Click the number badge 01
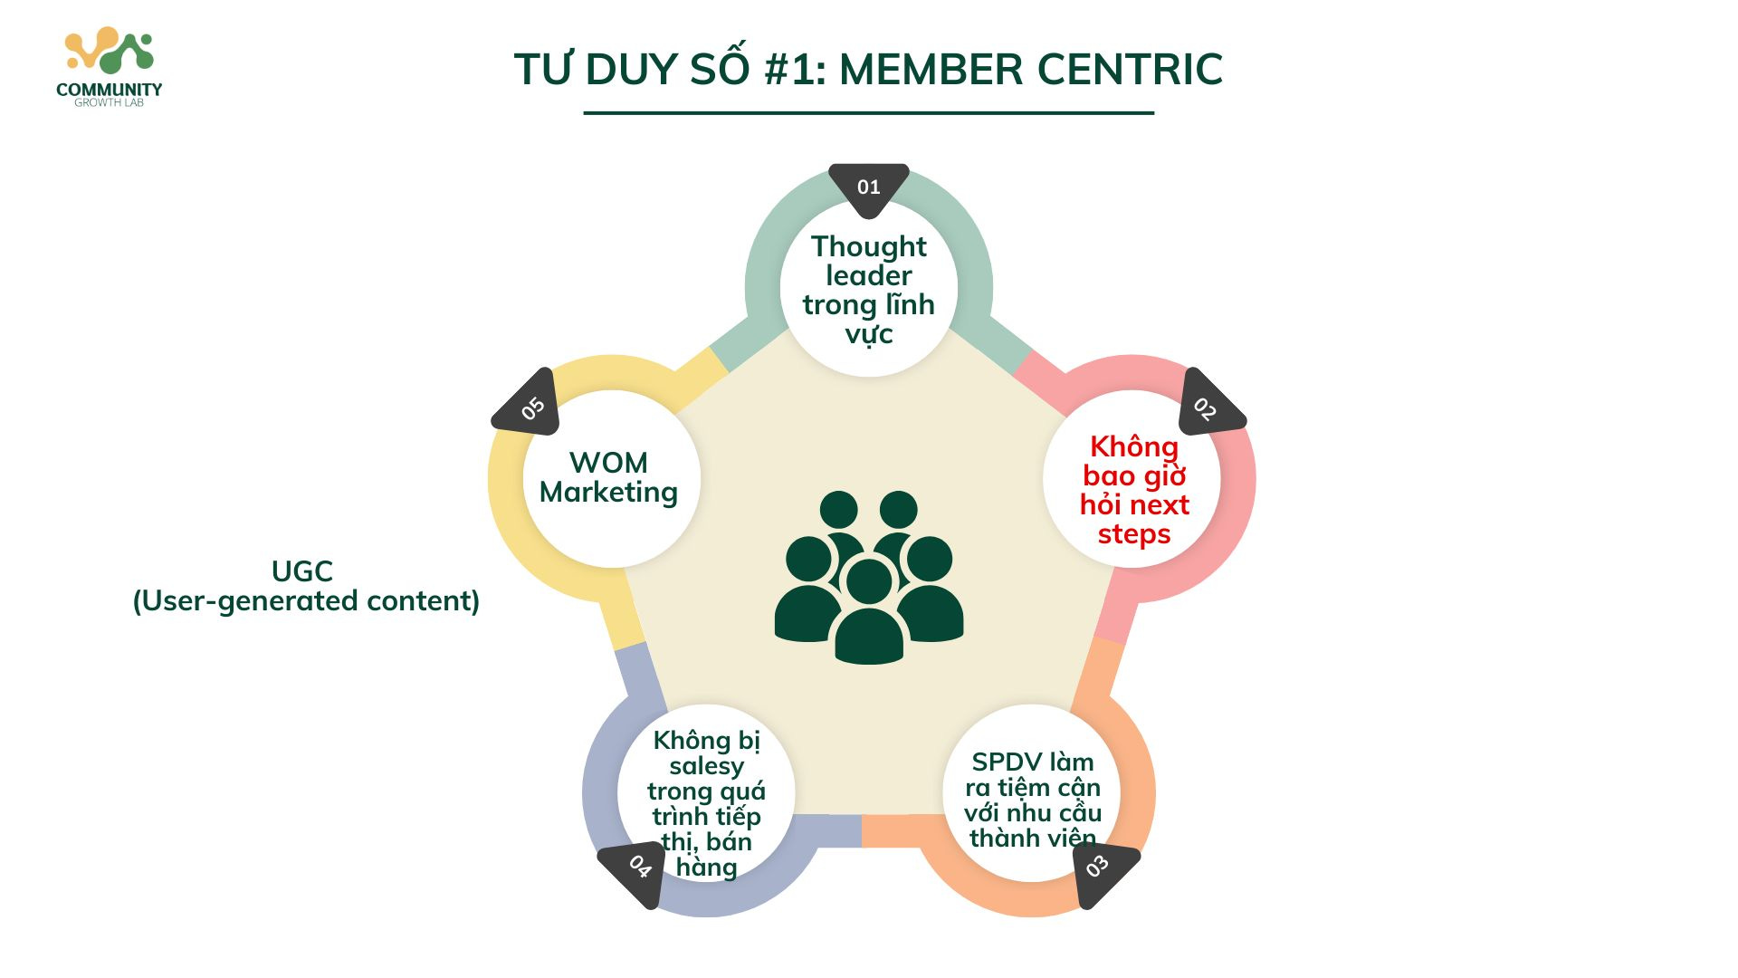(x=869, y=187)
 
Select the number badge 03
(x=1099, y=868)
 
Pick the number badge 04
(x=638, y=868)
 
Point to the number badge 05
(x=531, y=407)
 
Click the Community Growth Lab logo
(x=110, y=68)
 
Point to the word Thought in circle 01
(x=869, y=246)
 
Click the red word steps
(x=1134, y=534)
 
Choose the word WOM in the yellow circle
(x=608, y=463)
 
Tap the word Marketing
(x=608, y=492)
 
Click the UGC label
(x=302, y=571)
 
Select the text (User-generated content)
(x=306, y=600)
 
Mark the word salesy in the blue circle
(x=706, y=766)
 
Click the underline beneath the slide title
(x=869, y=113)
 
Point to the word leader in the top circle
(x=869, y=275)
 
